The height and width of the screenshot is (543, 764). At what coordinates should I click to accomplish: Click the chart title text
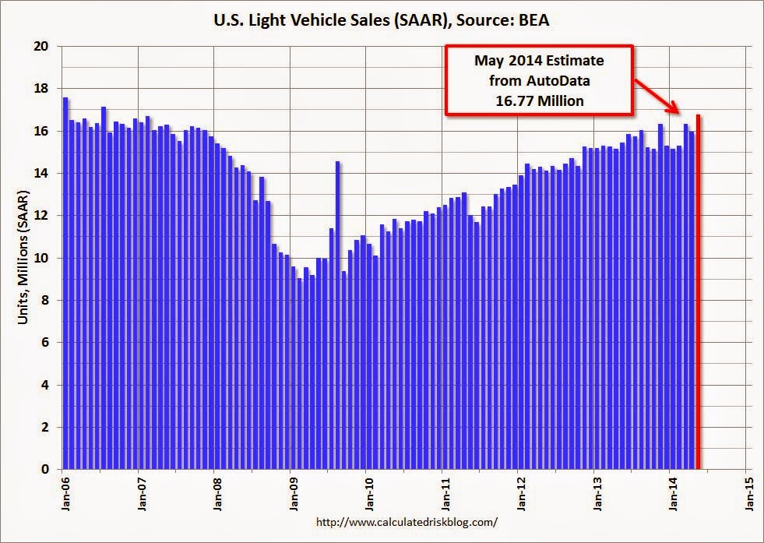point(382,20)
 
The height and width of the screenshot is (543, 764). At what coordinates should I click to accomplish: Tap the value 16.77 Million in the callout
point(540,100)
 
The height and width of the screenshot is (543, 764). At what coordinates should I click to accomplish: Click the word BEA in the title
point(532,20)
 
